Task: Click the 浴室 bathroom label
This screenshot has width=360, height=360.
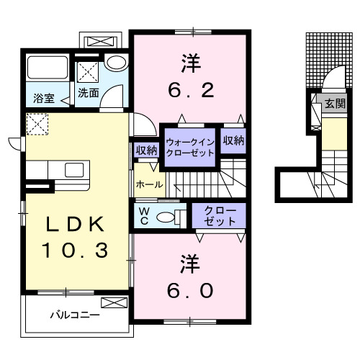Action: [x=43, y=99]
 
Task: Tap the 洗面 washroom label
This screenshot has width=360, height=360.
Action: [x=89, y=93]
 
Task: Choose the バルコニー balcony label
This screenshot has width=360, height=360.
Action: [x=74, y=315]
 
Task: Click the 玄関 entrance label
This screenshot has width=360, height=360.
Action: [x=335, y=104]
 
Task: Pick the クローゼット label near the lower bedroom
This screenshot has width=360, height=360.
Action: [x=219, y=216]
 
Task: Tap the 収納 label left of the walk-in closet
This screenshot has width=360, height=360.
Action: [x=147, y=150]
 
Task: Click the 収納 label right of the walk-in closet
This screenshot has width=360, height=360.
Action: [x=233, y=140]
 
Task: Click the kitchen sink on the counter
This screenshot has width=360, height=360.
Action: [x=74, y=171]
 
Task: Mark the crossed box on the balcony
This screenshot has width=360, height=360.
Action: [x=114, y=303]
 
